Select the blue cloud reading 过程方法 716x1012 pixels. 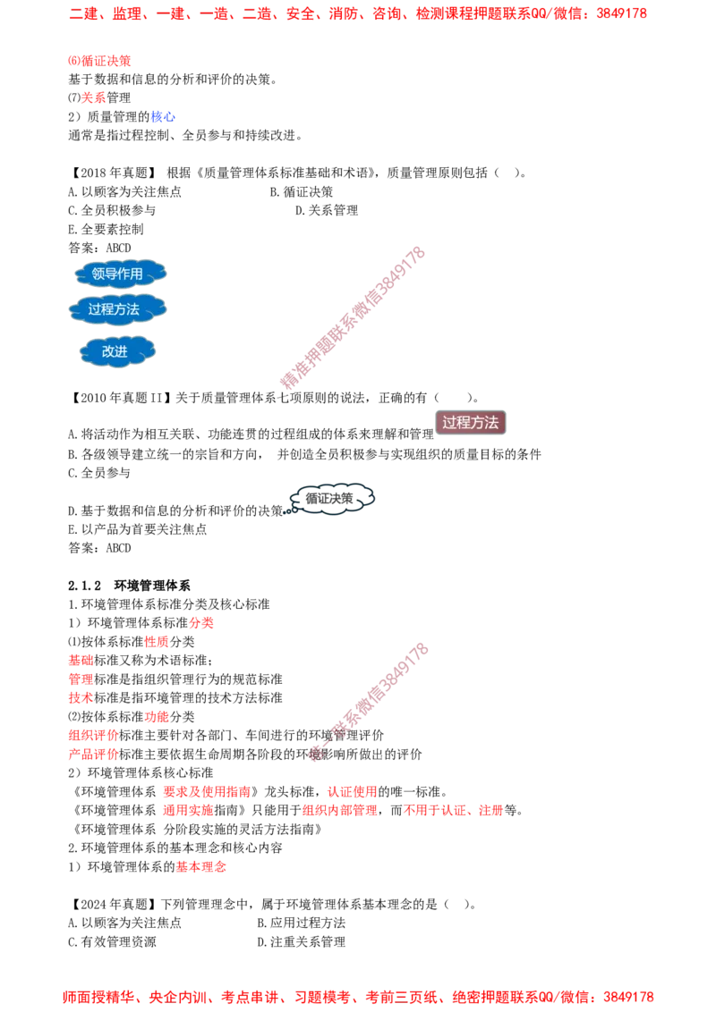117,309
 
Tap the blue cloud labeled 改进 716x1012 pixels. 117,351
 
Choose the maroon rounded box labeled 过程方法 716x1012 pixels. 470,423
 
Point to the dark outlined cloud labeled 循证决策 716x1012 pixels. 330,499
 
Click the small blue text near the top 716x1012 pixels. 163,116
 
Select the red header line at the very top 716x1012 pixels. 358,14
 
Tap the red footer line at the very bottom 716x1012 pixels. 358,995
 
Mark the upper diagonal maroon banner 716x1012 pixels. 351,317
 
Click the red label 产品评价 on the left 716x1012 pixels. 93,755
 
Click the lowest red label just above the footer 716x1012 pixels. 201,865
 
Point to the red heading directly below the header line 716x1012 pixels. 99,61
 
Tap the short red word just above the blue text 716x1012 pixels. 93,97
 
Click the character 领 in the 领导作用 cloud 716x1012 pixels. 98,274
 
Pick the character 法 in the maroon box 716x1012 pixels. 490,423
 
